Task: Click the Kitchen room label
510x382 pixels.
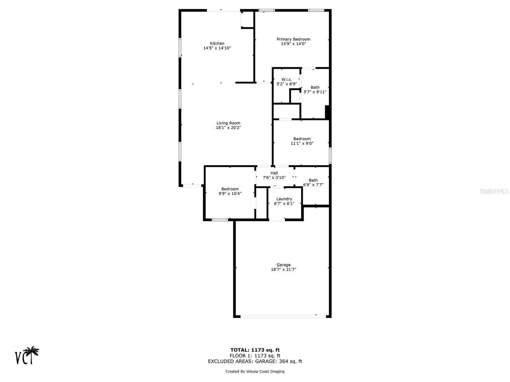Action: click(217, 43)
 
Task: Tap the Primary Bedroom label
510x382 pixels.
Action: click(293, 39)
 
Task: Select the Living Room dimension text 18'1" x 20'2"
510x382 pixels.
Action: click(228, 128)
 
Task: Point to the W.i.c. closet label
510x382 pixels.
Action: click(287, 80)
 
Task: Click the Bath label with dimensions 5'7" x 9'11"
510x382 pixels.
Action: click(315, 87)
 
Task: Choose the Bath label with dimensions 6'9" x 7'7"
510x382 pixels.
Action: click(313, 180)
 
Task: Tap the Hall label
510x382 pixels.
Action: click(274, 173)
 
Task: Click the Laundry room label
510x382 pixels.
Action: click(284, 199)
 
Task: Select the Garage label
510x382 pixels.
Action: click(283, 265)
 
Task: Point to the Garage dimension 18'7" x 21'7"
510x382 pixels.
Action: click(283, 269)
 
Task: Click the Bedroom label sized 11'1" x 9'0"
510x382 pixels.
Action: click(302, 139)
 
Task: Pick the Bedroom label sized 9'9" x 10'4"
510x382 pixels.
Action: click(230, 189)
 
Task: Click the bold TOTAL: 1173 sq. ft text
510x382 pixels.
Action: click(255, 350)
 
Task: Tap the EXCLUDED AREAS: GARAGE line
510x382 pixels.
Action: click(255, 361)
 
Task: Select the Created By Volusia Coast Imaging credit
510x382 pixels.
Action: click(255, 371)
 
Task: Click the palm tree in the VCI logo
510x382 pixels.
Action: click(32, 353)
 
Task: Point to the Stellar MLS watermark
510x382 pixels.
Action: click(494, 191)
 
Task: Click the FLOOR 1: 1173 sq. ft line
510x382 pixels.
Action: click(255, 356)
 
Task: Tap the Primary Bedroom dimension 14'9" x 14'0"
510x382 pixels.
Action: click(293, 44)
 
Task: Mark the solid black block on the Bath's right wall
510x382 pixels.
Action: click(327, 112)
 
